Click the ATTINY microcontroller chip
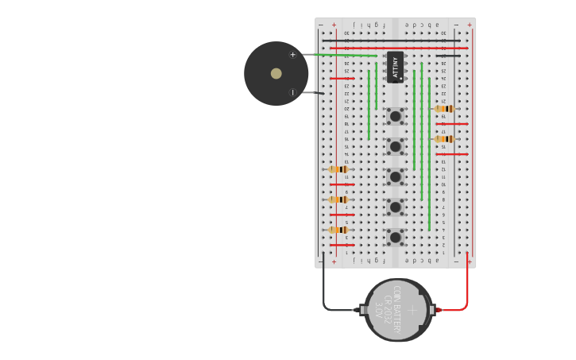pos(395,67)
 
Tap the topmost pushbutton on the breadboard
pos(395,117)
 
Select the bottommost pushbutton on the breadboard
pos(395,237)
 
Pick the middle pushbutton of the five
pos(395,176)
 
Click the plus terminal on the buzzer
pos(292,55)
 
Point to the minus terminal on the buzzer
pos(292,93)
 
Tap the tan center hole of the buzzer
pos(276,74)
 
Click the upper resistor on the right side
pos(444,109)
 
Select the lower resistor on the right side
pos(444,139)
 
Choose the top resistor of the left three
pos(338,169)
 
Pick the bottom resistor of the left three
pos(338,230)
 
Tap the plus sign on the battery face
pos(412,310)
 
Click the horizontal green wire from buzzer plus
pos(342,55)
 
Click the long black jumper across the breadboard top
pos(397,41)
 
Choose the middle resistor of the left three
pos(338,199)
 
